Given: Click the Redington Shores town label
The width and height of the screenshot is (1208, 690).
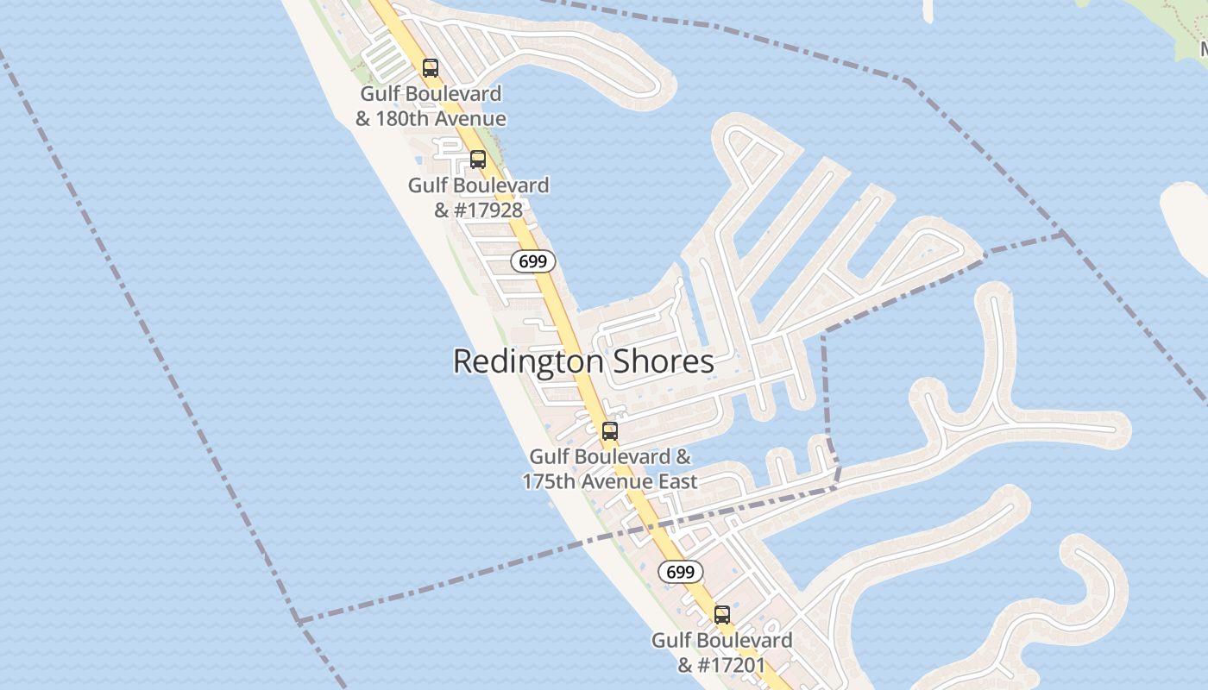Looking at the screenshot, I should (x=583, y=361).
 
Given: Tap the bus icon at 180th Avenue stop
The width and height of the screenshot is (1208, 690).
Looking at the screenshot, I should (x=430, y=67).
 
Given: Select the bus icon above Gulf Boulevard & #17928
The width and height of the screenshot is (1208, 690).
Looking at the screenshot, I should (x=477, y=159).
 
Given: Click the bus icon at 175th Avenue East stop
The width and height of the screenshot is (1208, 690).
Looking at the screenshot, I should (x=610, y=430).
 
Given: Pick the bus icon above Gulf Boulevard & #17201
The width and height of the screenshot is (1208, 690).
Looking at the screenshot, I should (x=721, y=615).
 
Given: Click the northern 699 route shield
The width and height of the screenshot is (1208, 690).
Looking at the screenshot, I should (x=532, y=261).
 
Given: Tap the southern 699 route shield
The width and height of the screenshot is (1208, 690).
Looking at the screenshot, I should (x=681, y=571).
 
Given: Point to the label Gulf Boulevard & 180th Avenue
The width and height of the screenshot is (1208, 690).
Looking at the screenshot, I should (x=431, y=106).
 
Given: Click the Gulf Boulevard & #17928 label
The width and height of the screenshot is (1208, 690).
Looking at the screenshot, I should (x=478, y=198).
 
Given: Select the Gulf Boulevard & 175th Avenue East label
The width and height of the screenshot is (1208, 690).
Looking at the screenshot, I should (x=610, y=468).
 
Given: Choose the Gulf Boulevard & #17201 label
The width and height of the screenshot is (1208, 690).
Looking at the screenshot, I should (x=721, y=653).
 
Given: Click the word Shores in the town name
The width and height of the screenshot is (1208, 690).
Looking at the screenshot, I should (x=663, y=361).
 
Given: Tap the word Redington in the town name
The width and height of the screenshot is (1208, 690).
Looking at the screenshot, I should (x=527, y=361).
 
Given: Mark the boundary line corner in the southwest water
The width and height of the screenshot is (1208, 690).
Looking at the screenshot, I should (x=298, y=619).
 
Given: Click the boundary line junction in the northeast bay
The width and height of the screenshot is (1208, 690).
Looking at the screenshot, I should (x=1063, y=234).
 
